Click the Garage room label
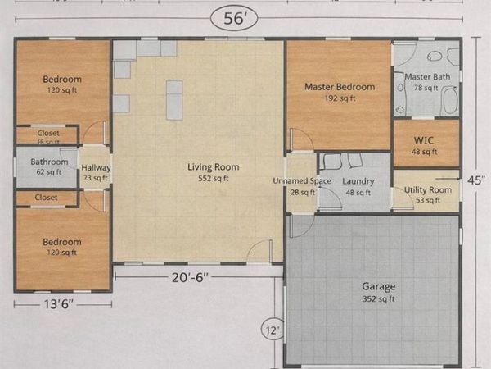click(x=379, y=286)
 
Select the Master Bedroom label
click(x=339, y=86)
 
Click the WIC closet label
click(x=426, y=140)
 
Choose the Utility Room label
click(x=428, y=189)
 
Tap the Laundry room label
click(x=358, y=181)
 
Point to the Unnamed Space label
click(x=302, y=180)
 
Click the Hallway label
click(x=96, y=167)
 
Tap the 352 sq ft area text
click(x=379, y=298)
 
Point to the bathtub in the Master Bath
click(x=449, y=101)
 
